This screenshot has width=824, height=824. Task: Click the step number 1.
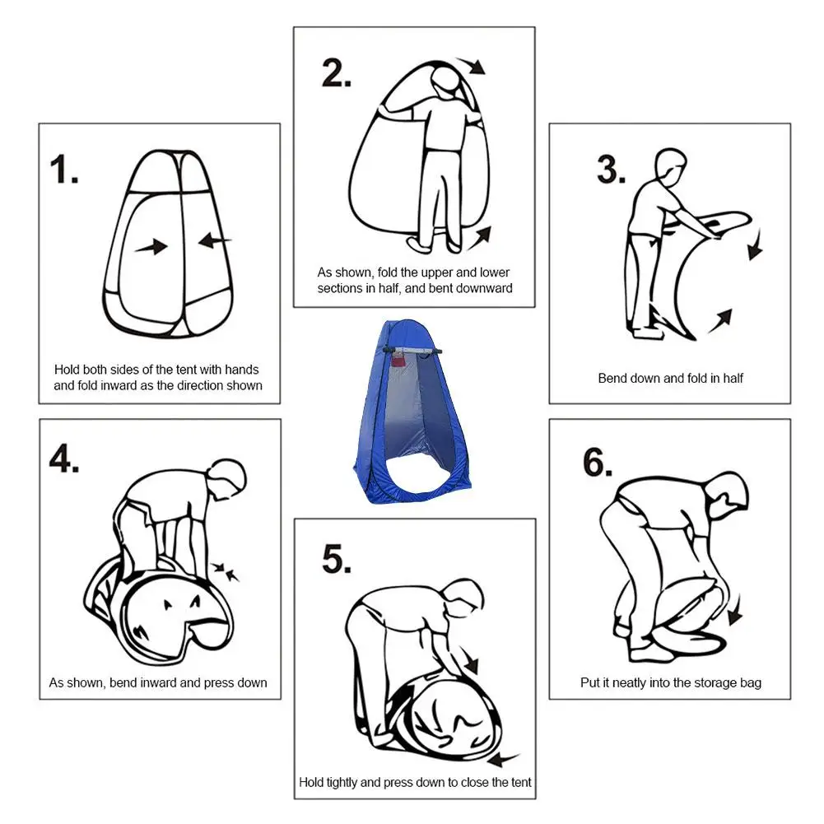click(64, 170)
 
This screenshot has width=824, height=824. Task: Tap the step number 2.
click(337, 73)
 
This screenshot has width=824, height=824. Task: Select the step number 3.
click(611, 170)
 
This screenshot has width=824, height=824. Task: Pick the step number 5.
click(337, 559)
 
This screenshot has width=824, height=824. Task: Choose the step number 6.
click(598, 463)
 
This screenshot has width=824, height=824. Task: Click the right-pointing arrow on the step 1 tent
click(151, 246)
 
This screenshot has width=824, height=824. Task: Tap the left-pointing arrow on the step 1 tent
click(215, 240)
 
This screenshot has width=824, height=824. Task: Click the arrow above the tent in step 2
click(470, 66)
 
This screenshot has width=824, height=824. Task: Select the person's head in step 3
click(671, 165)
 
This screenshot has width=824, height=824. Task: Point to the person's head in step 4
click(227, 479)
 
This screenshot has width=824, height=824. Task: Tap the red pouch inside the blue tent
click(398, 361)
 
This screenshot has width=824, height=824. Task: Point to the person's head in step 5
click(463, 598)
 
